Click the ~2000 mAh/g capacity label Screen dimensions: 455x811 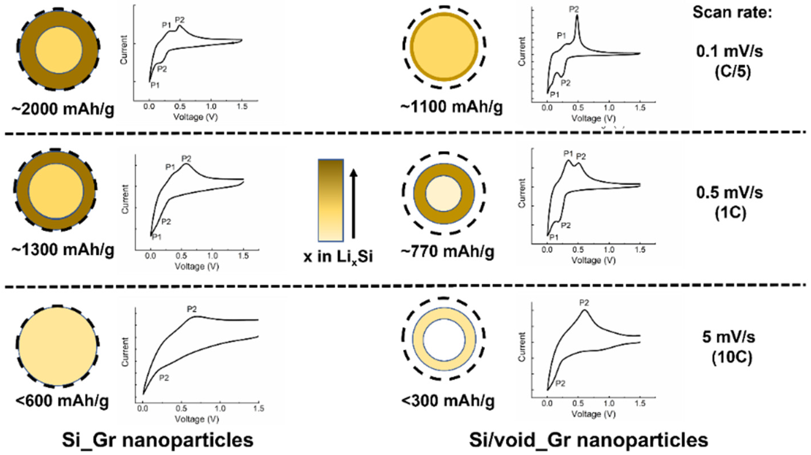point(63,109)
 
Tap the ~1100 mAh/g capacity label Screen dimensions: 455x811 point(452,107)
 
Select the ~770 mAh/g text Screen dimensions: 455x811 point(447,251)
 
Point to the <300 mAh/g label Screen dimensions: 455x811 point(448,401)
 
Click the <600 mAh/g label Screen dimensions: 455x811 point(62,401)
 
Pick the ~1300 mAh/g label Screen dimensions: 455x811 point(63,250)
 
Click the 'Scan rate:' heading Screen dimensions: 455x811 point(732,13)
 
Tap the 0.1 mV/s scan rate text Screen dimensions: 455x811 point(729,51)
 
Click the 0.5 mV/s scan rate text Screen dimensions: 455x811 point(729,193)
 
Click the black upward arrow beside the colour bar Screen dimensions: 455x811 point(354,203)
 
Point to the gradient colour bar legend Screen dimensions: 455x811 point(331,200)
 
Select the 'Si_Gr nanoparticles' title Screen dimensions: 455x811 point(157,440)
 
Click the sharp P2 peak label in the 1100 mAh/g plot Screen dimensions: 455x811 point(574,9)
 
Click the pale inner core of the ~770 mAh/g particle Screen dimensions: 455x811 point(444,193)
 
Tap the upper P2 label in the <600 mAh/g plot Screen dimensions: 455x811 point(192,309)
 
